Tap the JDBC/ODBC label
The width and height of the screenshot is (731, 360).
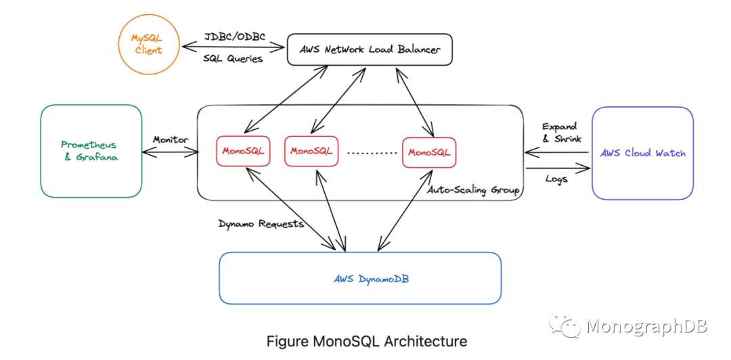(235, 37)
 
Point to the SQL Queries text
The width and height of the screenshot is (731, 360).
(233, 59)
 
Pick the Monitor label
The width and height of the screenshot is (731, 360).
(171, 139)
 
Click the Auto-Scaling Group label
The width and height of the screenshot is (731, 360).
(474, 190)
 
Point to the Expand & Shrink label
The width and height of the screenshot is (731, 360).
(560, 133)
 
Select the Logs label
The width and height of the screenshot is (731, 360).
(556, 179)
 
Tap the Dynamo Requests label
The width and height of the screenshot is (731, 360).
(261, 224)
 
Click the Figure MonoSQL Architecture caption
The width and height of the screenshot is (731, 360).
(366, 341)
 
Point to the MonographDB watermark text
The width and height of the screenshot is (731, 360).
(647, 326)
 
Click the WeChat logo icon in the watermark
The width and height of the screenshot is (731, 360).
(564, 325)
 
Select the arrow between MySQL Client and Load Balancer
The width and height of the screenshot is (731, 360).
(233, 47)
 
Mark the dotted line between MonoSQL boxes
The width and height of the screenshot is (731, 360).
(370, 152)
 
